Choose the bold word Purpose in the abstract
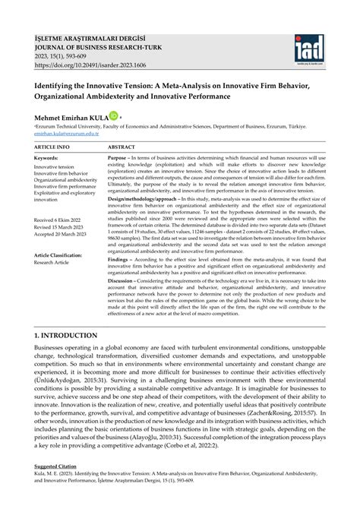click(119, 158)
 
